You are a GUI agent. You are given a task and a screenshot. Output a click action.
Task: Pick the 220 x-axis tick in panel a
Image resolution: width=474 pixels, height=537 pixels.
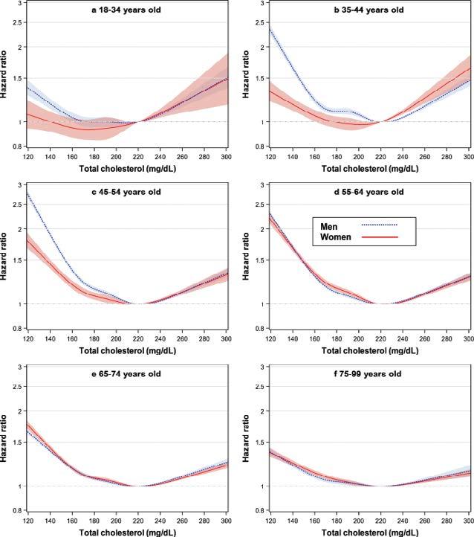point(137,158)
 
